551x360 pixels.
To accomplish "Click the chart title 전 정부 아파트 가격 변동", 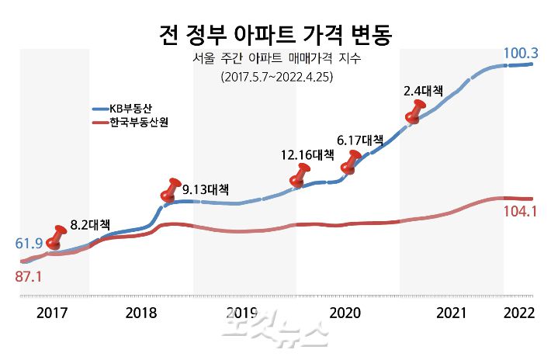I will [x=275, y=33].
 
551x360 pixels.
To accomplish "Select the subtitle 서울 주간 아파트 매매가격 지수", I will [x=275, y=59].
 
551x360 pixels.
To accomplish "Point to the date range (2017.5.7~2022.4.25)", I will [x=275, y=77].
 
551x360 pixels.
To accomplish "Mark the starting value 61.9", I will [x=28, y=244].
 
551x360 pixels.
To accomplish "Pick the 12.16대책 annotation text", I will [x=307, y=155].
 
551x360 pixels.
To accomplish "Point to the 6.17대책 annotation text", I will [x=359, y=140].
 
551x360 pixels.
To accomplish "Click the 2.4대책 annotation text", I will [x=423, y=91].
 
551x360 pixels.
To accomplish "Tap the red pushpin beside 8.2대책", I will [x=57, y=237].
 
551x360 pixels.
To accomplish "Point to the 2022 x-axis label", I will [x=518, y=313].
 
